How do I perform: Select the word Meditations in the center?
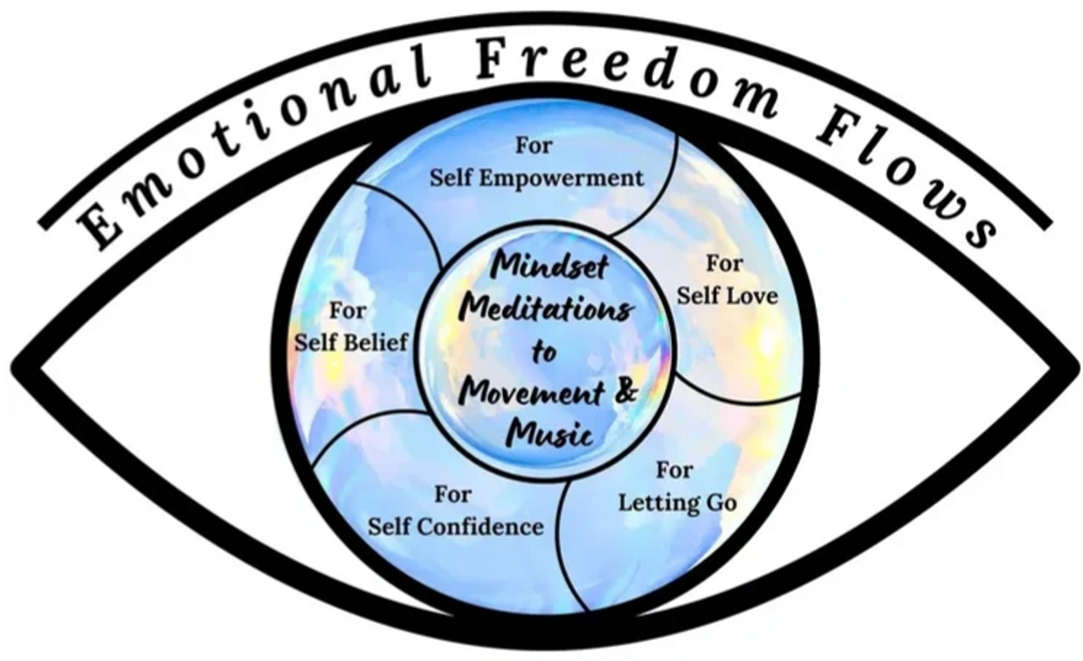(x=548, y=309)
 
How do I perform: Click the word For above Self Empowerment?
(x=533, y=146)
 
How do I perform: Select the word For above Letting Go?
(x=674, y=471)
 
